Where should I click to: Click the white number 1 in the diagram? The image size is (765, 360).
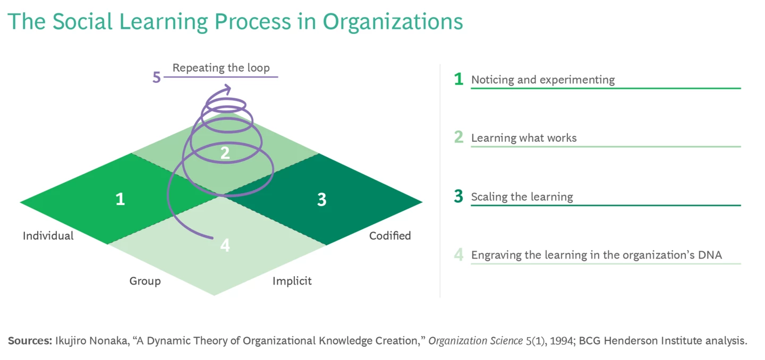pos(121,199)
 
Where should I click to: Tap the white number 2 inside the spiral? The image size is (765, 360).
pos(225,153)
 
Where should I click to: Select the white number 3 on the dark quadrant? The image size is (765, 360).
pos(321,200)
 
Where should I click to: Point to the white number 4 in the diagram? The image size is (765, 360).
pos(225,246)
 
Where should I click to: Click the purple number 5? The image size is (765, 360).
pos(156,78)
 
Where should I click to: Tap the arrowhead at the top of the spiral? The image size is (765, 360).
pos(228,89)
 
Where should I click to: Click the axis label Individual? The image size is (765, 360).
pos(48,236)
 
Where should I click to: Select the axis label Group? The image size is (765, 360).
pos(145,281)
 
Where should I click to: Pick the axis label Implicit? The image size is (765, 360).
pos(292,281)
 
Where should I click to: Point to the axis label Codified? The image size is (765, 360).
pos(390,236)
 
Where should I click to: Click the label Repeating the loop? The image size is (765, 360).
pos(221,68)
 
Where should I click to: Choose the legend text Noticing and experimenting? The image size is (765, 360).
pos(543,80)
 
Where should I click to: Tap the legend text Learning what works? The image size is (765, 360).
pos(524,138)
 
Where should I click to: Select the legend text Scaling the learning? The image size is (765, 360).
pos(522,197)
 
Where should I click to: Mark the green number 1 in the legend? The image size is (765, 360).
pos(458,80)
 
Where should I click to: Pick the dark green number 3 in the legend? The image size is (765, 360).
pos(458,197)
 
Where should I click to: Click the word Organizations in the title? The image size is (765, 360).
pos(393,22)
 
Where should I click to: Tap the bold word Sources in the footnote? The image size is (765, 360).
pos(30,341)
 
